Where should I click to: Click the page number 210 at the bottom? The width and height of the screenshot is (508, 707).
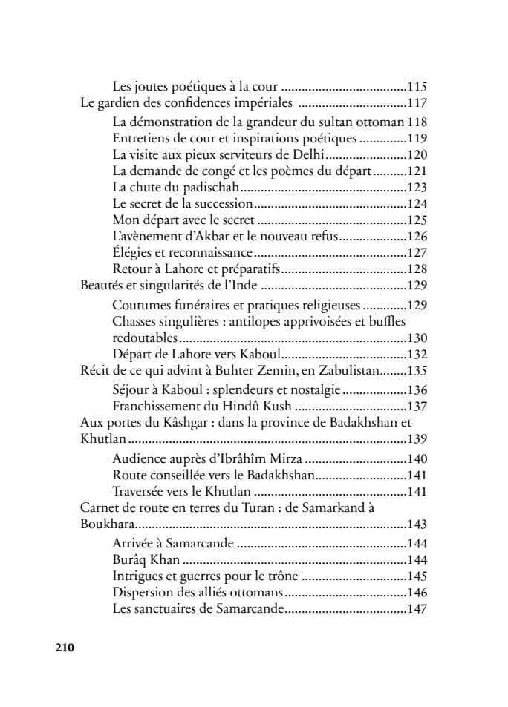click(x=65, y=647)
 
